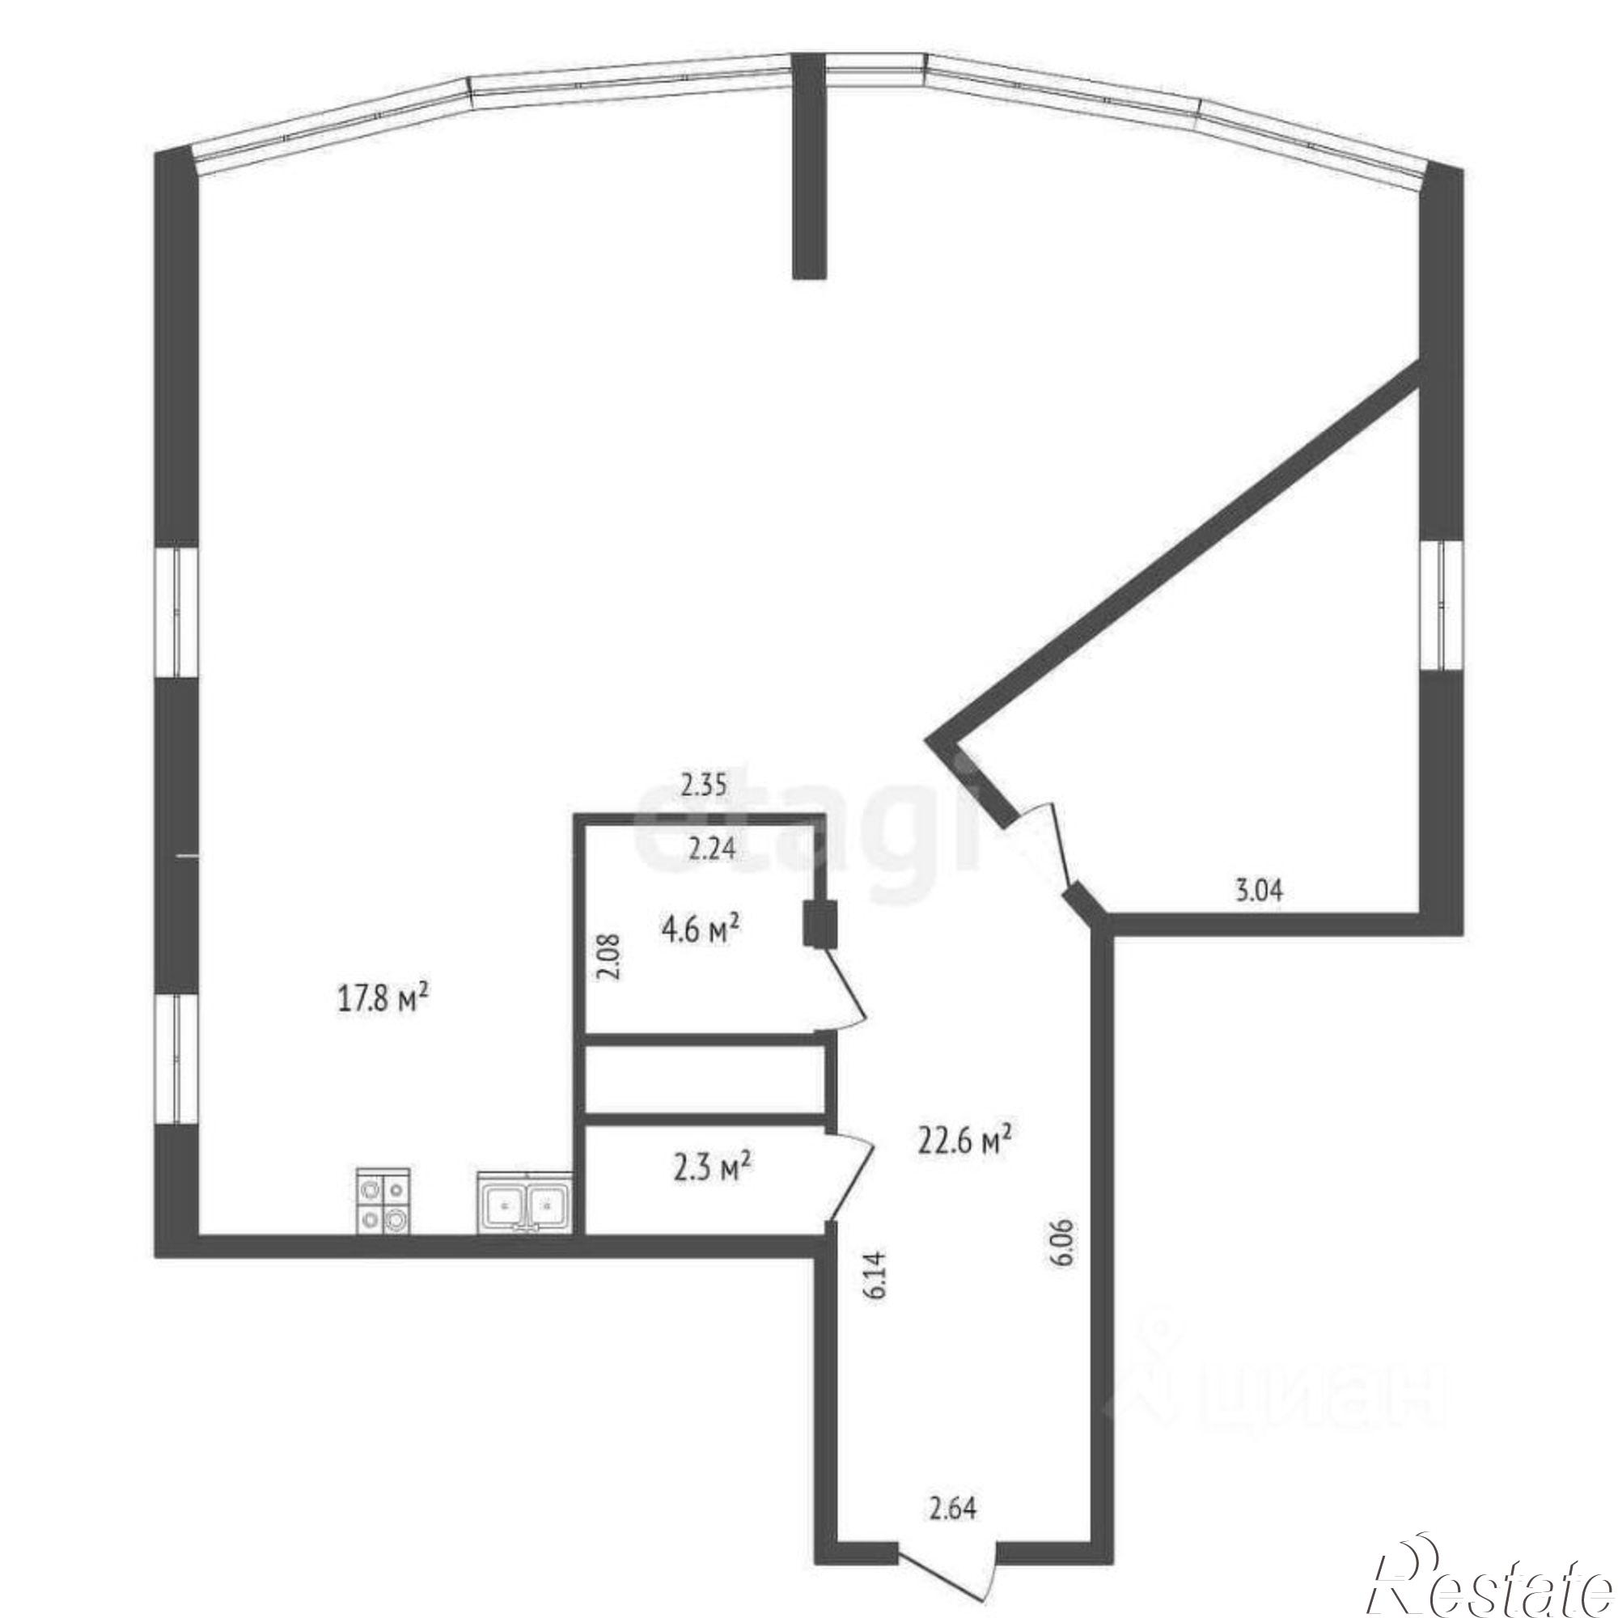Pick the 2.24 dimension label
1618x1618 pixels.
click(x=711, y=850)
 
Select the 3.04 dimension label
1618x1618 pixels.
click(x=1259, y=889)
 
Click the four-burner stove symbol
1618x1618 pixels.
click(x=383, y=1200)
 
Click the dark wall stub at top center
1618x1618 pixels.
click(x=809, y=166)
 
